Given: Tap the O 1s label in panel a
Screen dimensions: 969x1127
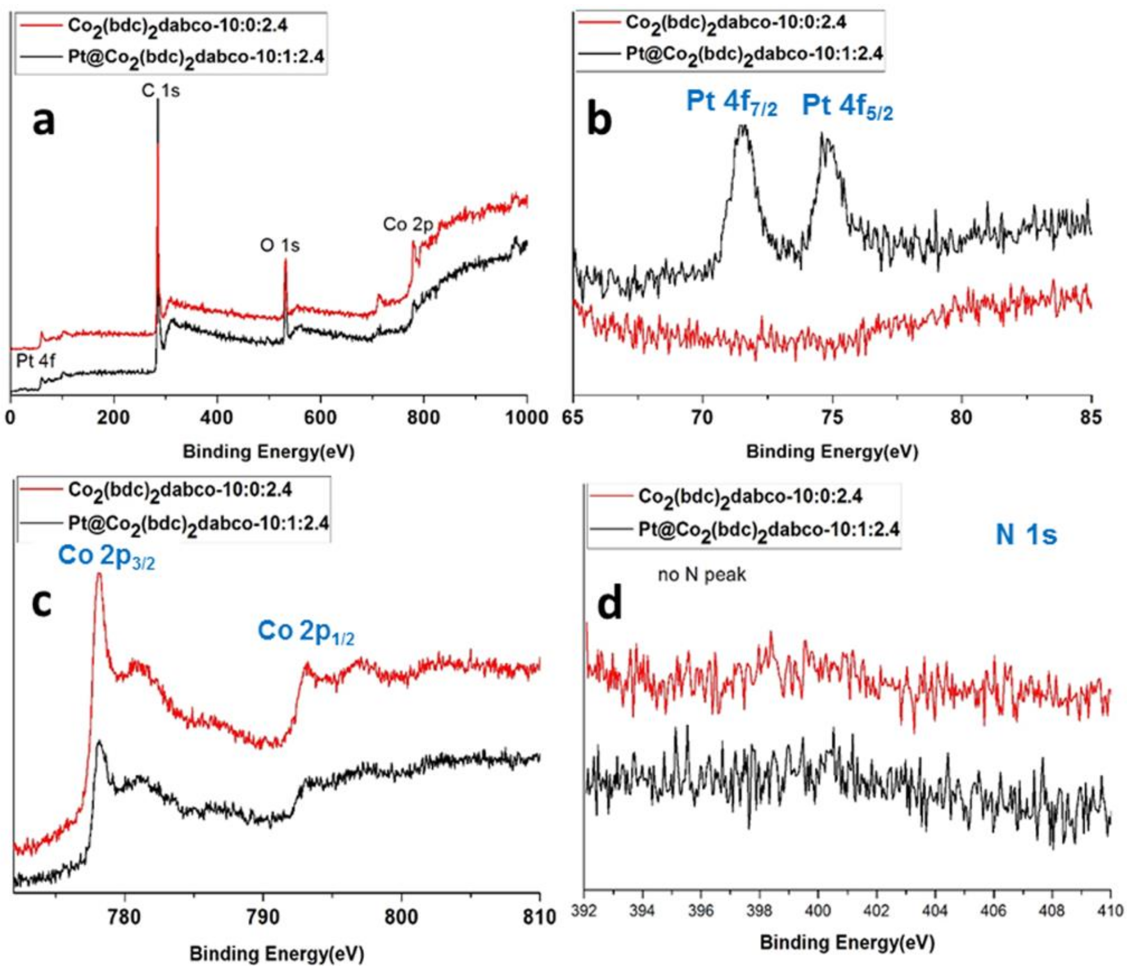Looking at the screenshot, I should click(280, 245).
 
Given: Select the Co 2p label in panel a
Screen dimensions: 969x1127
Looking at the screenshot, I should click(408, 224).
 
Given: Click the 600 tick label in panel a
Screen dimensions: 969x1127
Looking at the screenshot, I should click(320, 418).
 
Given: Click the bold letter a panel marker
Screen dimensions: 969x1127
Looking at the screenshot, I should click(43, 122).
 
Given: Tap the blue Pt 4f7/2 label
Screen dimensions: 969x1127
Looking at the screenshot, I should click(732, 103).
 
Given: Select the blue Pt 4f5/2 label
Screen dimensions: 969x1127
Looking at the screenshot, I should click(847, 107).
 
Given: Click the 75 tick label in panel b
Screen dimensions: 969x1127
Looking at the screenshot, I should click(832, 418).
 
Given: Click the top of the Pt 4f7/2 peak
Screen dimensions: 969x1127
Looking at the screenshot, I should click(743, 127).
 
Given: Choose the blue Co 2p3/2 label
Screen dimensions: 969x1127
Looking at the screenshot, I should click(107, 557).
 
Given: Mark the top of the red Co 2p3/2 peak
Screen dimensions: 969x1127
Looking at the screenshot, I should click(99, 574).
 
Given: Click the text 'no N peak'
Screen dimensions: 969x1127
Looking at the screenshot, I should click(702, 575).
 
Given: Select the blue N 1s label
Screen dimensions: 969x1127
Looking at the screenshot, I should click(1026, 535).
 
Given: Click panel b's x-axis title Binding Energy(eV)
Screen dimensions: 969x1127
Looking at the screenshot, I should click(832, 452).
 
